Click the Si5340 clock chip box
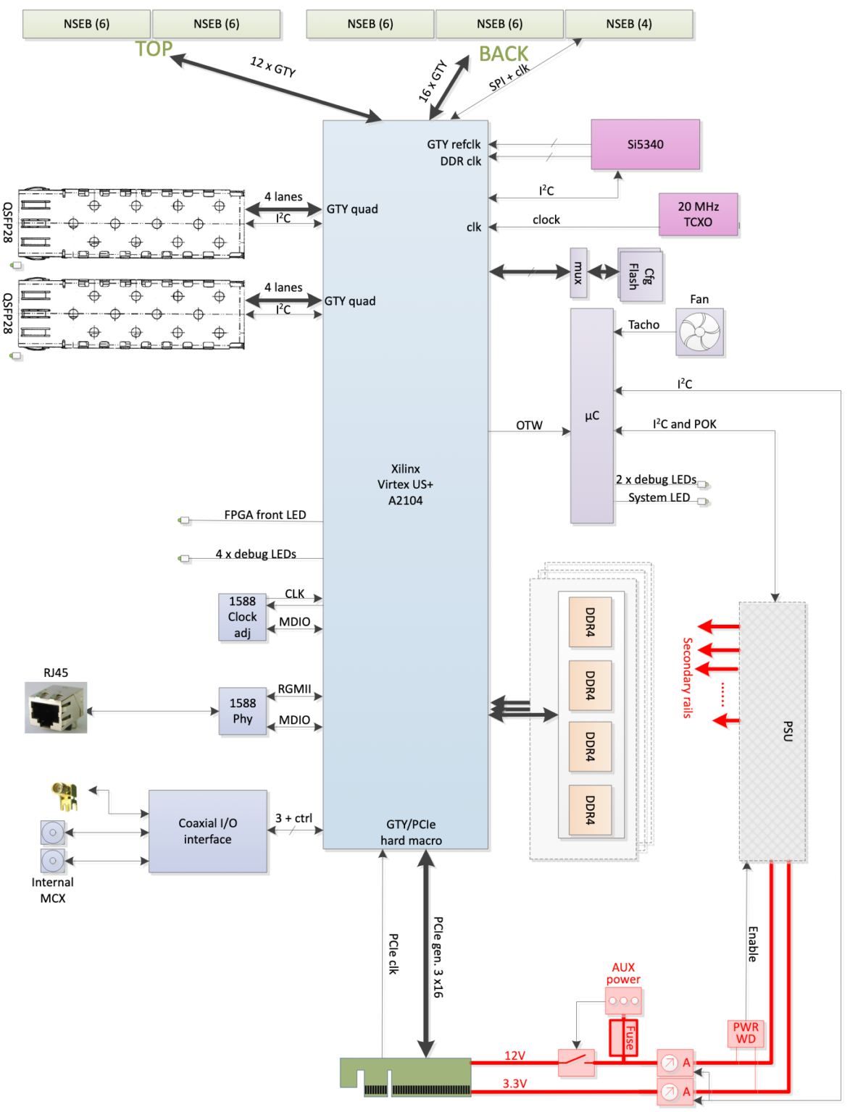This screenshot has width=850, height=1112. [645, 145]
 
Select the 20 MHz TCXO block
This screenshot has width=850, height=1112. [698, 214]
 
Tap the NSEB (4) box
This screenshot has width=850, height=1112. [628, 24]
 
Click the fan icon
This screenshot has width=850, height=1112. [699, 332]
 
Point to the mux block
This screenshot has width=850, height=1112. [578, 273]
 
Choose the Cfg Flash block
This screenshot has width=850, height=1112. [640, 275]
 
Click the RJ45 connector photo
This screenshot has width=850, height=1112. [56, 707]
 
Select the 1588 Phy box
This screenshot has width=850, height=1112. [243, 711]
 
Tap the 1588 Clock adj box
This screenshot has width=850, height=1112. [242, 617]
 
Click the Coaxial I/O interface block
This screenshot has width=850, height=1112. [208, 831]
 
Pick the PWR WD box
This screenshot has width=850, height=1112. [746, 1033]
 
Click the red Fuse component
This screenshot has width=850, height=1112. [623, 1037]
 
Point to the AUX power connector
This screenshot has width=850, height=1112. [623, 1001]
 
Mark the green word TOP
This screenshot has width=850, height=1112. [154, 49]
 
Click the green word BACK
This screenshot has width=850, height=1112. [504, 54]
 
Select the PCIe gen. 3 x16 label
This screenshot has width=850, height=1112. [438, 957]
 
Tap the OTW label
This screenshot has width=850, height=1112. [529, 426]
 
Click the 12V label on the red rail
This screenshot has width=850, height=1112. [514, 1056]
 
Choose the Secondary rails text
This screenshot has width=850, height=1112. [688, 678]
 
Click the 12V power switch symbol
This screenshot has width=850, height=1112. [577, 1063]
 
